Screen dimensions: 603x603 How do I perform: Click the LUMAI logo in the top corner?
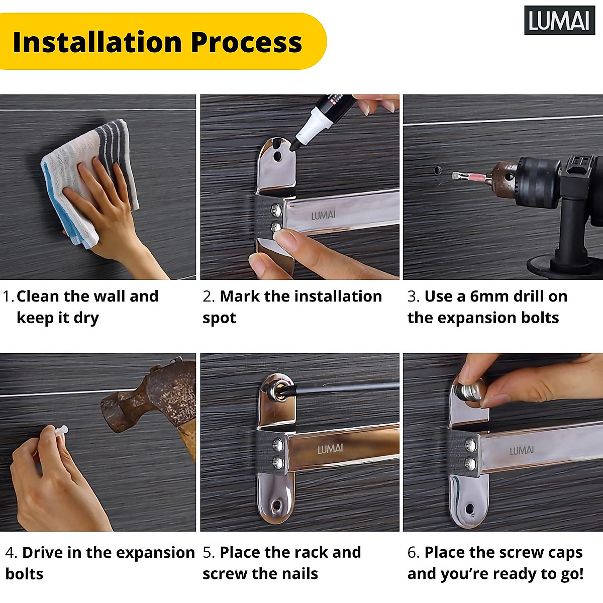pyautogui.click(x=559, y=20)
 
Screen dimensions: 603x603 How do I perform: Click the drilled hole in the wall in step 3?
pyautogui.click(x=438, y=170)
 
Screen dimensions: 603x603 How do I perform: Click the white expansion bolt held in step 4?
pyautogui.click(x=61, y=430)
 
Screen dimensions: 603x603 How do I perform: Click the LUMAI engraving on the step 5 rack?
pyautogui.click(x=330, y=449)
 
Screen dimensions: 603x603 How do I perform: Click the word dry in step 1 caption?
pyautogui.click(x=86, y=319)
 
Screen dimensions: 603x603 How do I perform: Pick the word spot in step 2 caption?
pyautogui.click(x=219, y=319)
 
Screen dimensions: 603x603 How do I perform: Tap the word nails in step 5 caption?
pyautogui.click(x=300, y=574)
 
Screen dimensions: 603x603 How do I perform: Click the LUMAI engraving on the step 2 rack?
pyautogui.click(x=323, y=215)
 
